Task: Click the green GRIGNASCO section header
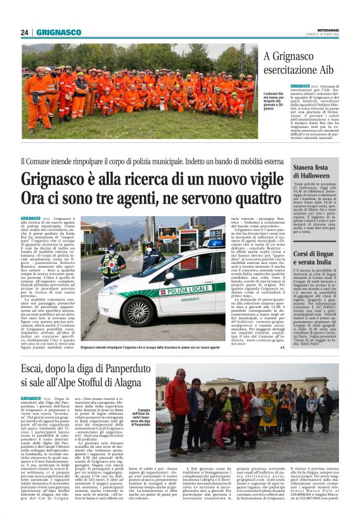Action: tap(58, 32)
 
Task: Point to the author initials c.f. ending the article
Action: tap(282, 347)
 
